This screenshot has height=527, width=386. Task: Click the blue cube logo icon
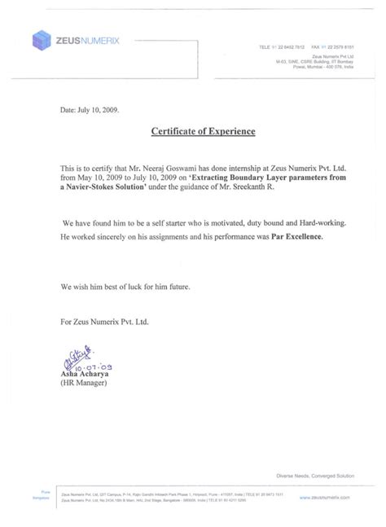39,38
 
